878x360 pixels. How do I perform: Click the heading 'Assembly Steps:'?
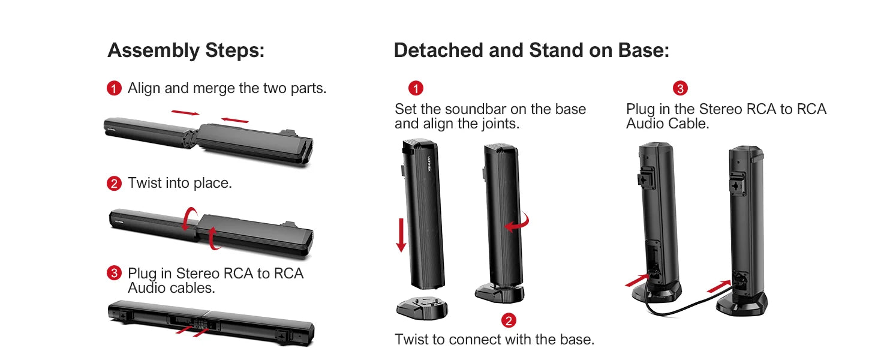tap(186, 50)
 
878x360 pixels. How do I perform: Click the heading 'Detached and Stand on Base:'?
tap(531, 50)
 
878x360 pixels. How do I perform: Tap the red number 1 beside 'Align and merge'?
tap(114, 89)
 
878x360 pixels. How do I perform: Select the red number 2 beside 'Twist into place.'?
tap(114, 184)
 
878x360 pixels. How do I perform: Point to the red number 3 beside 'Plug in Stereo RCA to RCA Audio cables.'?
tap(114, 274)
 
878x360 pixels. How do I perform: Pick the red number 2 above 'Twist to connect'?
tap(509, 320)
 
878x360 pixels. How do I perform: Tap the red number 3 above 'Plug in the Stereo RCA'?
tap(680, 89)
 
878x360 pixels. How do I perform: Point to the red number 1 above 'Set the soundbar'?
tap(416, 89)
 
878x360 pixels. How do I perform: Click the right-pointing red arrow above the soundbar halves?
tap(185, 112)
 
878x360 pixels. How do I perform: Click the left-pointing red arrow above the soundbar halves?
tap(234, 119)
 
